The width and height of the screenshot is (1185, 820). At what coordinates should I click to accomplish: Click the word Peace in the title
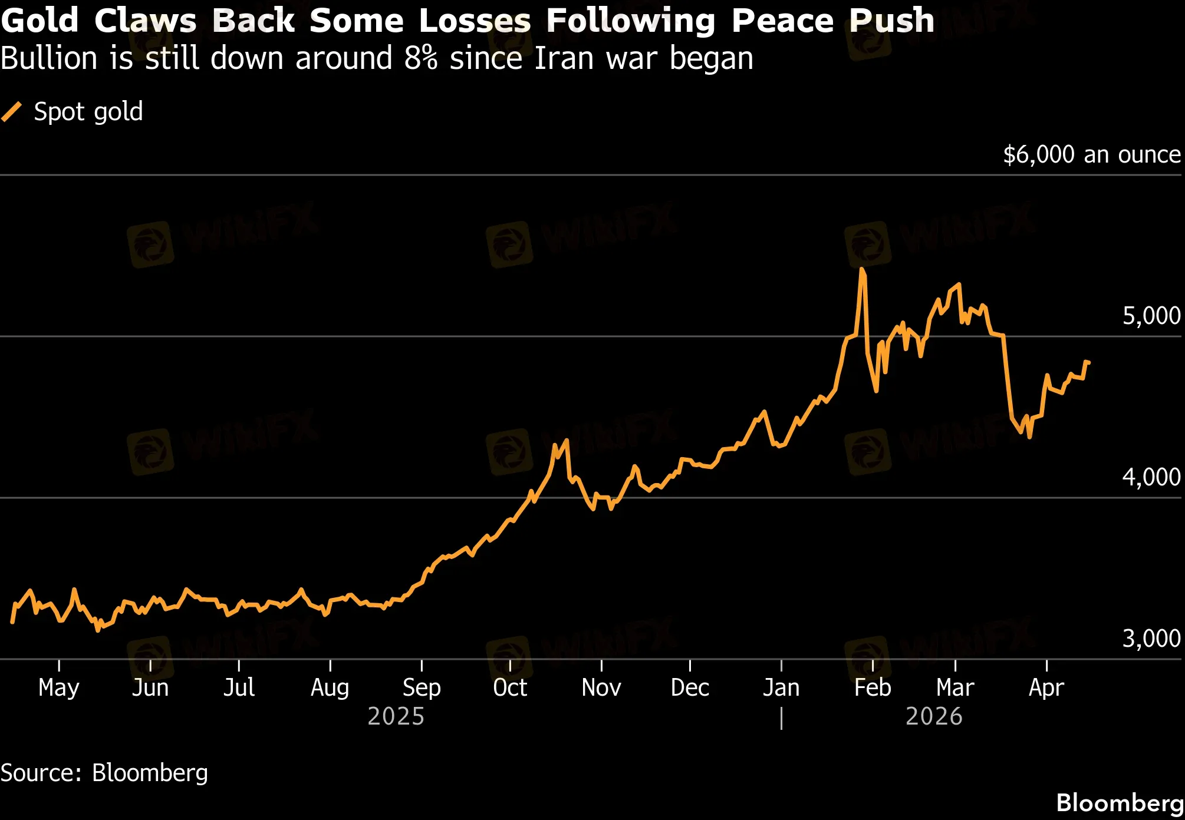(x=782, y=21)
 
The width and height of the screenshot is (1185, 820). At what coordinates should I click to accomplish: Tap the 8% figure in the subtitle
(x=421, y=59)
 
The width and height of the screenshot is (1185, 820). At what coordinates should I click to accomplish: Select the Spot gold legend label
(x=88, y=111)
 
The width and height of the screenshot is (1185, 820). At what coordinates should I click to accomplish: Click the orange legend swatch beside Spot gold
(x=12, y=111)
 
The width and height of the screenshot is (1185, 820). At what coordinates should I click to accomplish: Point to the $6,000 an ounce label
(x=1092, y=154)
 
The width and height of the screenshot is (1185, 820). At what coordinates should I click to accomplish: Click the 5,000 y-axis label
(x=1151, y=316)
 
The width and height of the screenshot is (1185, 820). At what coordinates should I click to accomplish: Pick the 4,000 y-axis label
(x=1151, y=477)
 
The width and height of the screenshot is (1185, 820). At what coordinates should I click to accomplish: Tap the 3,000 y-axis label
(x=1151, y=639)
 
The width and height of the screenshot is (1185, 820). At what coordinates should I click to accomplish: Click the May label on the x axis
(x=59, y=687)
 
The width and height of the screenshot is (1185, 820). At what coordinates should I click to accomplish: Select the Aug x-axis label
(x=330, y=687)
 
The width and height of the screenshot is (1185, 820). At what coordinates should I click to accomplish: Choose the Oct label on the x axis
(x=510, y=687)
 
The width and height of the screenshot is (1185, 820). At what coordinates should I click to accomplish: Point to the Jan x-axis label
(x=781, y=687)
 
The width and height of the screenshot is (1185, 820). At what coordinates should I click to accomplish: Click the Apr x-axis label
(x=1046, y=687)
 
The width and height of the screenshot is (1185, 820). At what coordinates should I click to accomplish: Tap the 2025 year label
(x=396, y=716)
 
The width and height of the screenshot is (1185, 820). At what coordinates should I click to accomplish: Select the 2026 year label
(x=934, y=716)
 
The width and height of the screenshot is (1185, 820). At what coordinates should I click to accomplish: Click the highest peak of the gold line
(x=862, y=270)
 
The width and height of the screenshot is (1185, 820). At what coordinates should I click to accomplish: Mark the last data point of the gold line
(x=1088, y=362)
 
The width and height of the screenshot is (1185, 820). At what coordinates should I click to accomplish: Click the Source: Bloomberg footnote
(x=104, y=773)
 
